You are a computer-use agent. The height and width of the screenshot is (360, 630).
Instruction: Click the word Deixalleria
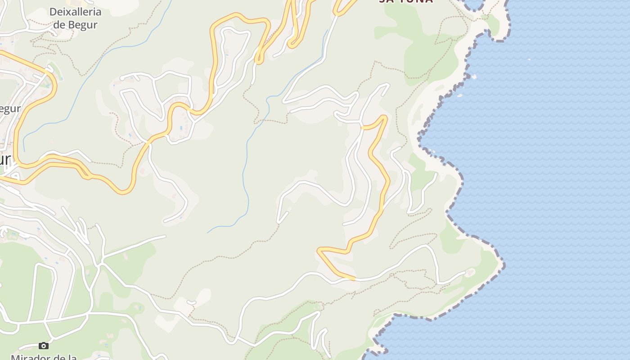pos(75,12)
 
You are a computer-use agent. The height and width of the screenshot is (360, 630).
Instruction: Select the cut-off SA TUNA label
pos(406,1)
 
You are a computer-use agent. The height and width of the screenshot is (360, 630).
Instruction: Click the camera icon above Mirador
pos(44,346)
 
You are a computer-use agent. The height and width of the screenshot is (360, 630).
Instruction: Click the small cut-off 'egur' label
pos(10,109)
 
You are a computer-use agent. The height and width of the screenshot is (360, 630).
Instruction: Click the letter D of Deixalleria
pos(53,12)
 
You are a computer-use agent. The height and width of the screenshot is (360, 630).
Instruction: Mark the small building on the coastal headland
pos(471,272)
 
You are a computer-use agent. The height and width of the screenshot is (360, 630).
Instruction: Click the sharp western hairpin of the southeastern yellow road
pos(319,249)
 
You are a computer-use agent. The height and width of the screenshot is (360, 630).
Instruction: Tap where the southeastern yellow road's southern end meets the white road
pos(354,279)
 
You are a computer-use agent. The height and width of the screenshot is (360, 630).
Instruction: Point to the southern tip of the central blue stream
pos(207,232)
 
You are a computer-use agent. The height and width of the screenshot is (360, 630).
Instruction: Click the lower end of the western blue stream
pos(24,150)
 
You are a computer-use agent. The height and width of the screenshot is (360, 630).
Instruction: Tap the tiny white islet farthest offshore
pos(529,58)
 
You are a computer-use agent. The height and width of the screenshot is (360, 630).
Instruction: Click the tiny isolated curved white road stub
pos(191,302)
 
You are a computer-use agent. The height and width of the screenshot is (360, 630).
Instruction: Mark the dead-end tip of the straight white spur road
pos(165,236)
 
